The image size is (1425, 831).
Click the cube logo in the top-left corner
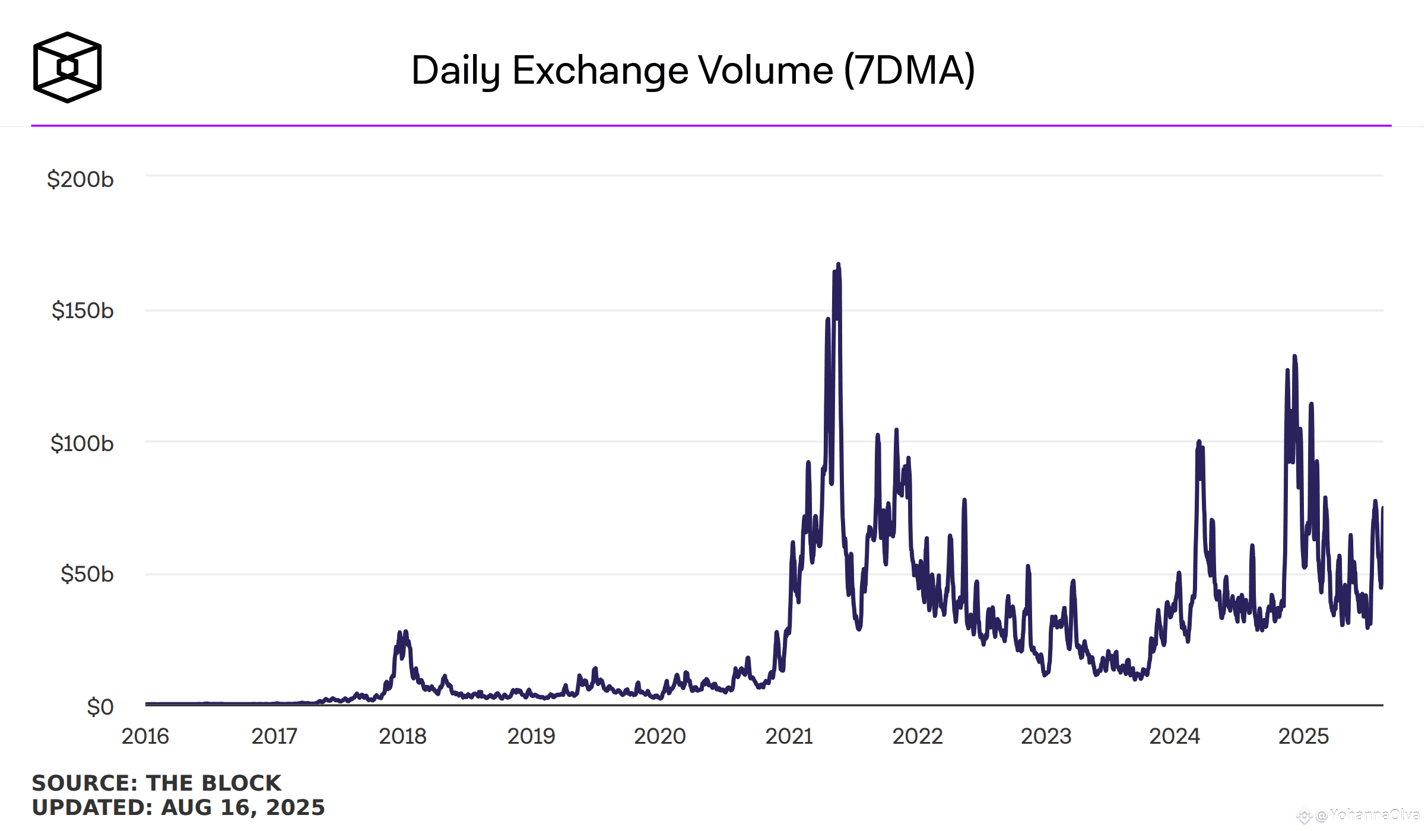click(67, 67)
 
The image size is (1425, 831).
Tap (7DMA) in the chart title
click(909, 71)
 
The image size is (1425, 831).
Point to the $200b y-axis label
click(80, 179)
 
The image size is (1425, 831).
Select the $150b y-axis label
click(82, 310)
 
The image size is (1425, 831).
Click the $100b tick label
click(82, 443)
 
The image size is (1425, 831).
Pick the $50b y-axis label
click(87, 574)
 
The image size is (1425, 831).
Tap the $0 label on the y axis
click(100, 707)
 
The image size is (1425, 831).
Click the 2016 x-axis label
click(145, 737)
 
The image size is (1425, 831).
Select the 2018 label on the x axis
click(402, 737)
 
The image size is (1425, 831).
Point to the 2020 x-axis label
click(659, 737)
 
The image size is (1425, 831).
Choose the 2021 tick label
click(789, 737)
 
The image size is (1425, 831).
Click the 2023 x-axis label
click(1046, 737)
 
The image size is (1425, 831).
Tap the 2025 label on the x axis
click(1303, 737)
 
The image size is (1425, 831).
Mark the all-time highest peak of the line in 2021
click(838, 264)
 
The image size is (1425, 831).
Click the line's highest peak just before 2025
click(1294, 356)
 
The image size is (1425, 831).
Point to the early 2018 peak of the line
click(405, 632)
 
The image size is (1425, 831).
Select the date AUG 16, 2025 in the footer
click(243, 808)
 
